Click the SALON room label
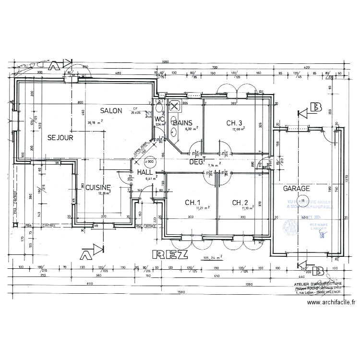pyautogui.click(x=111, y=111)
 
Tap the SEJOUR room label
pyautogui.click(x=60, y=138)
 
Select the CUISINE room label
pyautogui.click(x=98, y=187)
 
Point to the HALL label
pyautogui.click(x=145, y=172)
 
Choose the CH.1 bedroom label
pyautogui.click(x=192, y=203)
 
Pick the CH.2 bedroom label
pyautogui.click(x=240, y=203)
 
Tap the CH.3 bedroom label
pyautogui.click(x=235, y=123)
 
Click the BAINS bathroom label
pyautogui.click(x=183, y=123)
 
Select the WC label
pyautogui.click(x=159, y=119)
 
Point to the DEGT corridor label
pyautogui.click(x=197, y=162)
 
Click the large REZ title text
pyautogui.click(x=169, y=254)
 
